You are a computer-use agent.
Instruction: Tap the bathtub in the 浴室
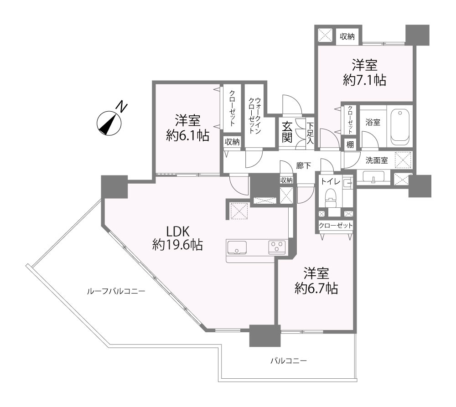click(x=400, y=127)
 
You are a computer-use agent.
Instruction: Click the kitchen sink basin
click(x=237, y=247)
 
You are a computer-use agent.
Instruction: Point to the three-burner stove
click(x=277, y=247)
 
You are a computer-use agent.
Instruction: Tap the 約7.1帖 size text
click(x=365, y=80)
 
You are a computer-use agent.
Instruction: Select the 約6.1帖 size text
click(x=187, y=135)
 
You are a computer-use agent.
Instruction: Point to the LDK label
click(x=178, y=232)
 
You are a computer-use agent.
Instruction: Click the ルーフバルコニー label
click(x=116, y=291)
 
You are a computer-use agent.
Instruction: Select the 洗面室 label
click(x=377, y=160)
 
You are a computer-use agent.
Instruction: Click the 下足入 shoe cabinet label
click(x=310, y=133)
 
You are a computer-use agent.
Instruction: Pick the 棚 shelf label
click(x=350, y=144)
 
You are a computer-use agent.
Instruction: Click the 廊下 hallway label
click(x=303, y=166)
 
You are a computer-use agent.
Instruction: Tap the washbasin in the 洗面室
click(x=373, y=177)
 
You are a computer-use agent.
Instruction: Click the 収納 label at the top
click(x=347, y=36)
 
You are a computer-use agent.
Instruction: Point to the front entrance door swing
click(x=292, y=104)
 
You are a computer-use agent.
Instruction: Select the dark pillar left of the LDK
click(x=114, y=186)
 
